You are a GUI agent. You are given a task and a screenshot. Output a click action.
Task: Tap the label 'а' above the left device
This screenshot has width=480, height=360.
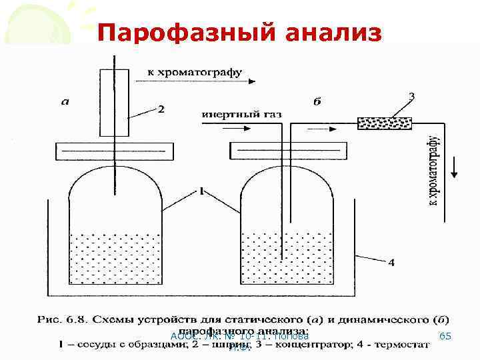point(65,101)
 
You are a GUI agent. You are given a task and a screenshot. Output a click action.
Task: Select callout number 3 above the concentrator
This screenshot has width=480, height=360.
point(411,97)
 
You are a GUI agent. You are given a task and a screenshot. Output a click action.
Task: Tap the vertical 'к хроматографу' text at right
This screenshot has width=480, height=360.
point(433,170)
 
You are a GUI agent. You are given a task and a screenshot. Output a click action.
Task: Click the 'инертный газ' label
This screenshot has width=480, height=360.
point(241,114)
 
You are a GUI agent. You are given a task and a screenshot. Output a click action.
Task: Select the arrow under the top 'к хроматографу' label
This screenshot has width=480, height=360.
point(193,82)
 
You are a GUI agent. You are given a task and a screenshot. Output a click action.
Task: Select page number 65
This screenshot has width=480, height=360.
point(445,337)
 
